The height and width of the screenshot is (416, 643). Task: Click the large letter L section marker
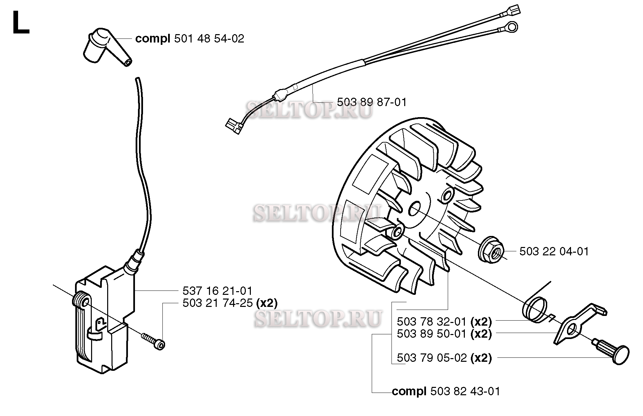[x=20, y=22]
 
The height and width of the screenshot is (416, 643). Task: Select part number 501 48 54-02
[x=209, y=39]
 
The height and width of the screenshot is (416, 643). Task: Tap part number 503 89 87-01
[x=372, y=102]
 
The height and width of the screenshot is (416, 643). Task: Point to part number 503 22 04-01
[x=554, y=251]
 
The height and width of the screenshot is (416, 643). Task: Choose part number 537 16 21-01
[x=217, y=290]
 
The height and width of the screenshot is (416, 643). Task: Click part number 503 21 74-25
[x=217, y=303]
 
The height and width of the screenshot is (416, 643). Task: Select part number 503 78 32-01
[x=432, y=322]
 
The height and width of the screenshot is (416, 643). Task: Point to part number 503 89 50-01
[x=432, y=334]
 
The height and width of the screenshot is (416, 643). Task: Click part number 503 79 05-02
[x=432, y=358]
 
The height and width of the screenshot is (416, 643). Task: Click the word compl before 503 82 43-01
[x=409, y=391]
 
